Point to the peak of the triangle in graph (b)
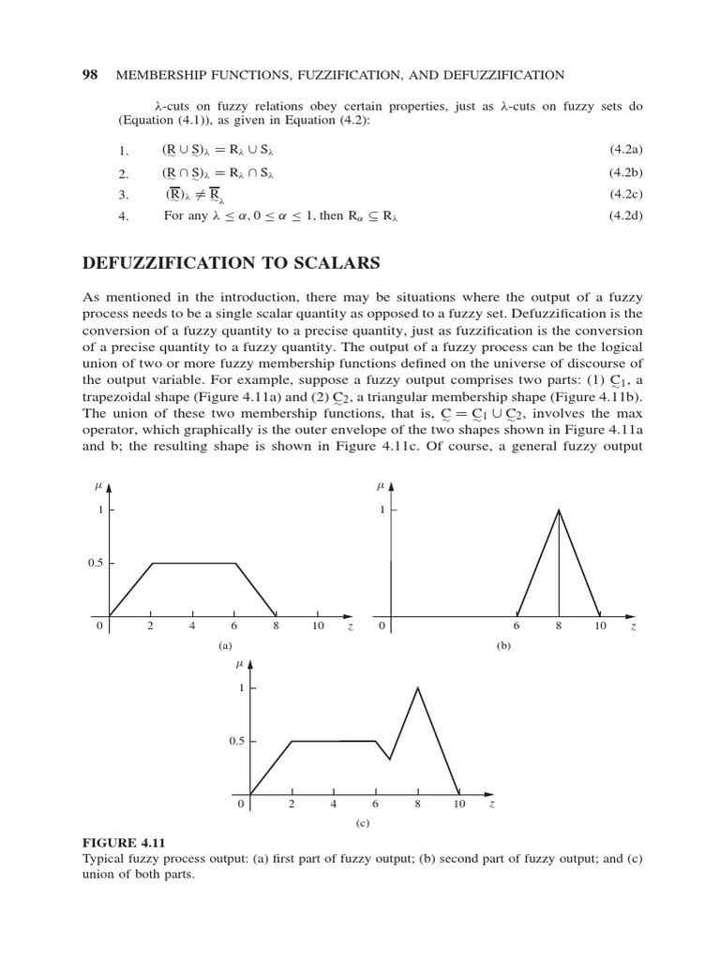[560, 509]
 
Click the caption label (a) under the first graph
[224, 645]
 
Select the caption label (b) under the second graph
[505, 645]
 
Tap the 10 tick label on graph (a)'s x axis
[318, 627]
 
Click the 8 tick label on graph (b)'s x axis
[559, 627]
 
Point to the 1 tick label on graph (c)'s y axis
[240, 688]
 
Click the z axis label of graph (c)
[491, 804]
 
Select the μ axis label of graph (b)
[380, 486]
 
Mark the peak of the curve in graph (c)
[417, 687]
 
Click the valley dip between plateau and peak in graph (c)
[389, 759]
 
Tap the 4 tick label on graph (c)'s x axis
[334, 804]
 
